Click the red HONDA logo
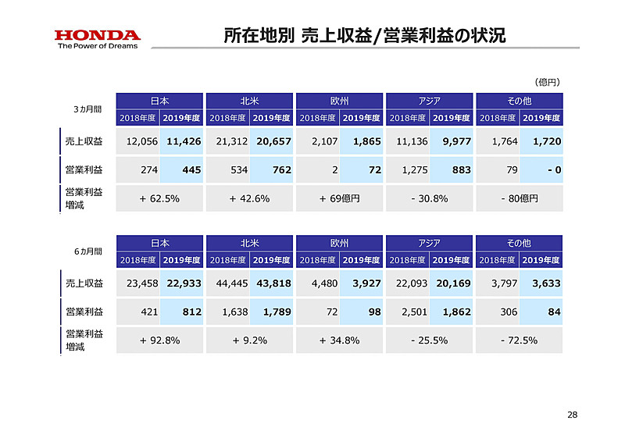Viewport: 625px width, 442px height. [97, 35]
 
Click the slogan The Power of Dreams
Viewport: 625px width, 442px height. [97, 46]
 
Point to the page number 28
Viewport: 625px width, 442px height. [572, 414]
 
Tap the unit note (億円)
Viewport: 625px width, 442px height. [547, 81]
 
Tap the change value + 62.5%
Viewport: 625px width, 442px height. [159, 198]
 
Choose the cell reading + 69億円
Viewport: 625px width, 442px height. [340, 198]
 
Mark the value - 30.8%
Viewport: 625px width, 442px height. [429, 198]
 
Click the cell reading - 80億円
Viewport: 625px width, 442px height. [519, 198]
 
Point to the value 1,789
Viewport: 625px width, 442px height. [273, 312]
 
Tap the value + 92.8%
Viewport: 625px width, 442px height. [159, 340]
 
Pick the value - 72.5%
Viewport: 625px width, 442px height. [519, 340]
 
